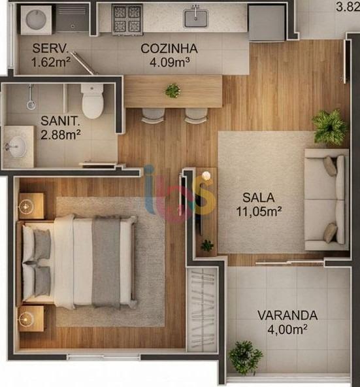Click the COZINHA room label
(169, 48)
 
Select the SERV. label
(51, 48)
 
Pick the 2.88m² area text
(61, 135)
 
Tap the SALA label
(259, 196)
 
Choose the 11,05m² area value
(259, 210)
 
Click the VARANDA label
(287, 315)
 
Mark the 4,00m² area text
(287, 329)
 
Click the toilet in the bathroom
(93, 101)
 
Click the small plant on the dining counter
(172, 90)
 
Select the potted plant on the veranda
(246, 357)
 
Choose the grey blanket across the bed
(106, 261)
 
